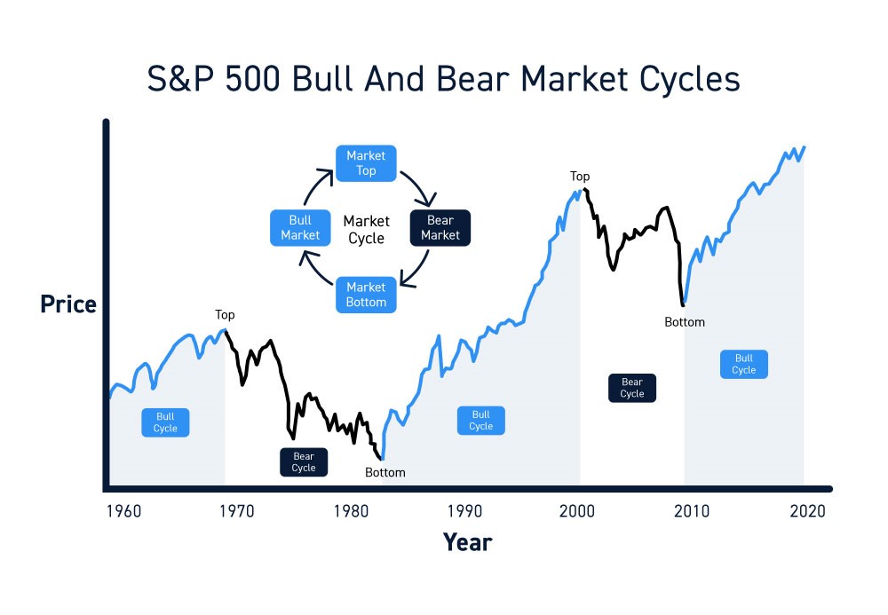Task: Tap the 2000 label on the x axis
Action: [578, 511]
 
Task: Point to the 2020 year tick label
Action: [806, 511]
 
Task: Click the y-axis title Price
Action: [68, 304]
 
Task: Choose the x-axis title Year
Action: [467, 541]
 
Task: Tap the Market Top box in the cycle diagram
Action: [366, 163]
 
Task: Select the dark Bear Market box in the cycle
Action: [440, 228]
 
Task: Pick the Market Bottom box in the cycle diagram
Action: [366, 295]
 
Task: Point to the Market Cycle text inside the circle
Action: [366, 229]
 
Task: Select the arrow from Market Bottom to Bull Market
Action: [311, 269]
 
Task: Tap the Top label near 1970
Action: [225, 315]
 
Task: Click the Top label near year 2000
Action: [580, 177]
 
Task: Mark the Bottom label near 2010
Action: [685, 322]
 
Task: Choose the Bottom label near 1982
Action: [385, 472]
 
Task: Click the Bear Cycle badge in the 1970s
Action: [304, 462]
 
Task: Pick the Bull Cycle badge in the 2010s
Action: [744, 364]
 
